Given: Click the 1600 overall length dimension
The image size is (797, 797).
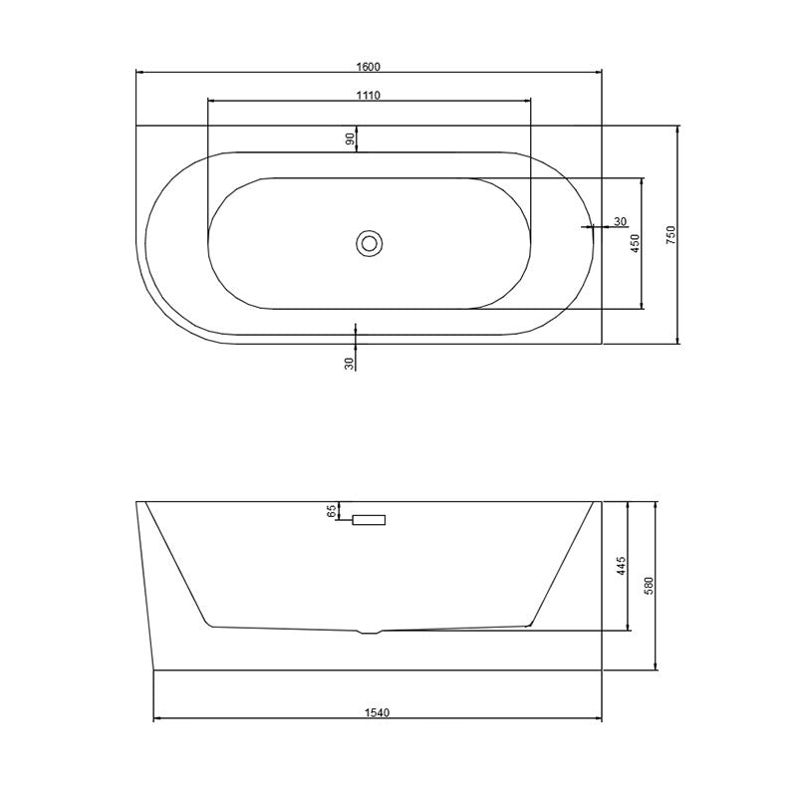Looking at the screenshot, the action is click(x=369, y=67).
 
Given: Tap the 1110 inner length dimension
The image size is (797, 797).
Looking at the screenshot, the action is click(x=369, y=95).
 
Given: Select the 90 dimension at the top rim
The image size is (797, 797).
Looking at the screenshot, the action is click(x=350, y=138).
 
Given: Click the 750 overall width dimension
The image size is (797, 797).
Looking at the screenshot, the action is click(x=670, y=235).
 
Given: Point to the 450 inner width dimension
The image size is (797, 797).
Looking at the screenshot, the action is click(x=635, y=243).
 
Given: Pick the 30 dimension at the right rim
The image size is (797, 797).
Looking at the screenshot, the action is click(x=620, y=221).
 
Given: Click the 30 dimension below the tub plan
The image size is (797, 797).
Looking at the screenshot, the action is click(x=350, y=363).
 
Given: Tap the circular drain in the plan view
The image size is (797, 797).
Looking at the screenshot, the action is click(x=369, y=243).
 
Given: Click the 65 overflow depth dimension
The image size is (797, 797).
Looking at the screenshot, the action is click(x=332, y=511).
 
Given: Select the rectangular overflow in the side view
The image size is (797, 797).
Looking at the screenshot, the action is click(x=369, y=520).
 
